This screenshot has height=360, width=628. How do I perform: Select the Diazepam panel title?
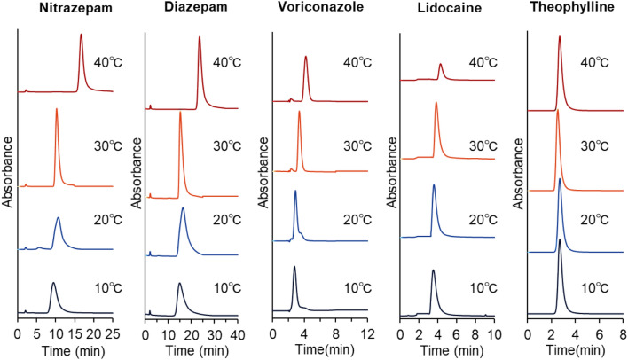pyautogui.click(x=190, y=12)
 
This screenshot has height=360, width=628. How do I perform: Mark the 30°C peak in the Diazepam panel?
pyautogui.click(x=180, y=113)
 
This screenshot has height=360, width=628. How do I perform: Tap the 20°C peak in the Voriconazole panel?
pyautogui.click(x=295, y=192)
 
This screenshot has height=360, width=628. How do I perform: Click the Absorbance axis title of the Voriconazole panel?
pyautogui.click(x=263, y=173)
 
